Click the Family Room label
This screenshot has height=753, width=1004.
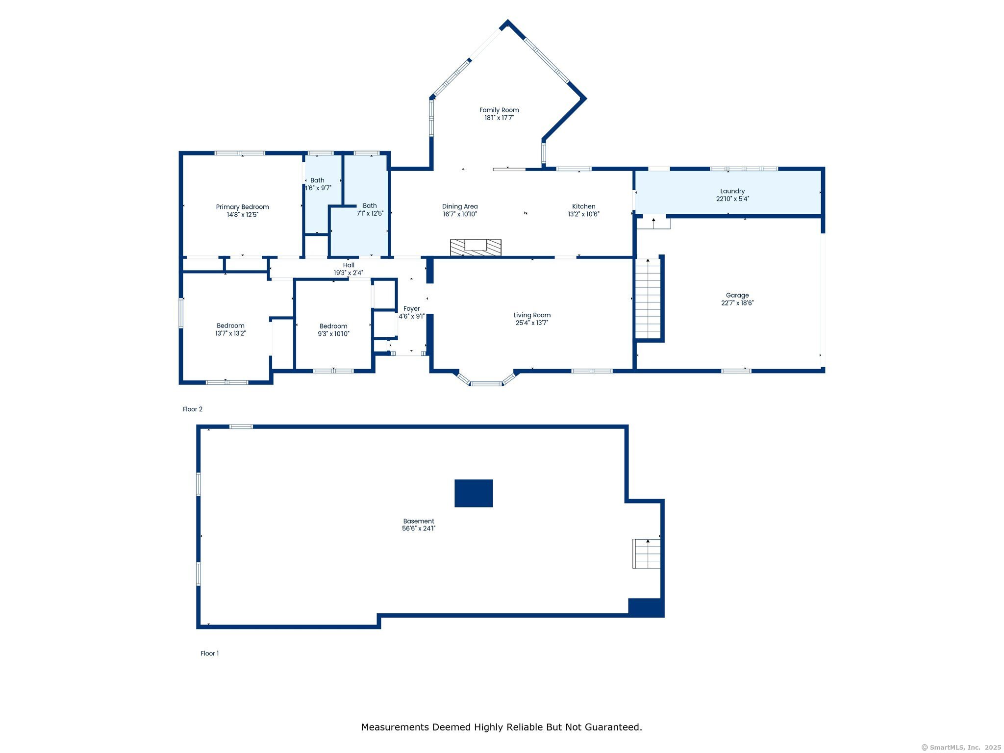(x=499, y=110)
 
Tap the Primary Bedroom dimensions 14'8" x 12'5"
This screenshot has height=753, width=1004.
(x=242, y=215)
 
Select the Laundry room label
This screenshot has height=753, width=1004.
(x=732, y=191)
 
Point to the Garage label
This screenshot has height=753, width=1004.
(x=737, y=295)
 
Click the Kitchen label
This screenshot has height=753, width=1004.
(x=583, y=206)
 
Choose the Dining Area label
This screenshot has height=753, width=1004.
(x=460, y=206)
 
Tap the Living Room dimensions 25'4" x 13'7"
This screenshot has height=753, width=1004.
(x=532, y=323)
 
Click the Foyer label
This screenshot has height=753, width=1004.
(x=412, y=309)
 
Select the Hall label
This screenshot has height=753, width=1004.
(x=349, y=265)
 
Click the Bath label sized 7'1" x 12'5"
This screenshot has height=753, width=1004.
(x=370, y=206)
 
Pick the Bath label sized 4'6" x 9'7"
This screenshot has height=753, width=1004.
(x=317, y=180)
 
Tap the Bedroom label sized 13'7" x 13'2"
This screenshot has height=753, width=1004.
(x=230, y=326)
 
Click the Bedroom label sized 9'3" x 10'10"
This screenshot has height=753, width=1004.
(x=333, y=326)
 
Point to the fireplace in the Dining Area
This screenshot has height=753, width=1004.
(x=476, y=248)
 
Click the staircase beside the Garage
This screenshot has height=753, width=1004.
(x=648, y=299)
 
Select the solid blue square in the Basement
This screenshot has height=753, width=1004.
(x=474, y=493)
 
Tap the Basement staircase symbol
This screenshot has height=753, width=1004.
(x=646, y=553)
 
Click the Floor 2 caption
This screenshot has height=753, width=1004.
(x=193, y=409)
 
